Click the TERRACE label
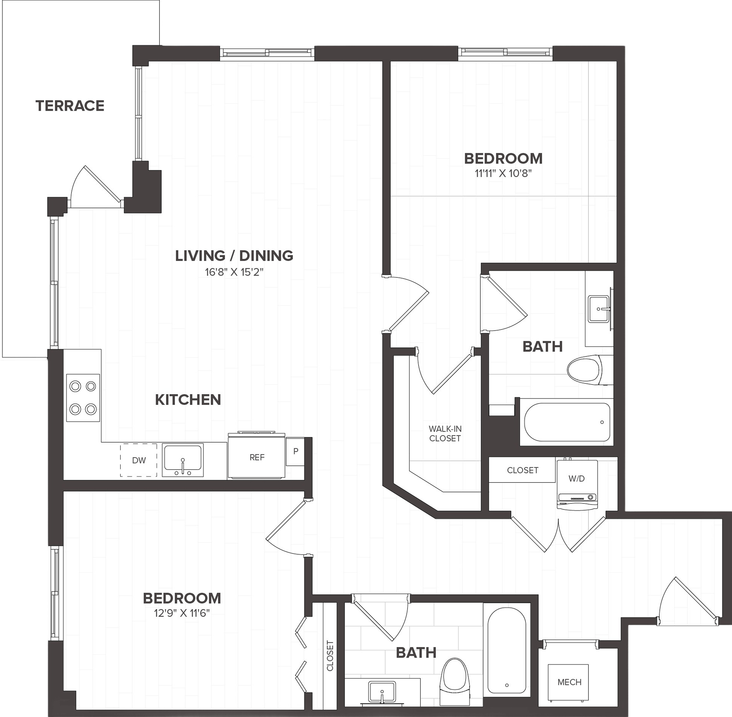pyautogui.click(x=70, y=106)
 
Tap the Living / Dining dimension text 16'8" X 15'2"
pyautogui.click(x=234, y=272)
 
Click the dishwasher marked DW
pyautogui.click(x=138, y=460)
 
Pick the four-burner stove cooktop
pyautogui.click(x=83, y=398)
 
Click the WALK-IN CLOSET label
pyautogui.click(x=445, y=434)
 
